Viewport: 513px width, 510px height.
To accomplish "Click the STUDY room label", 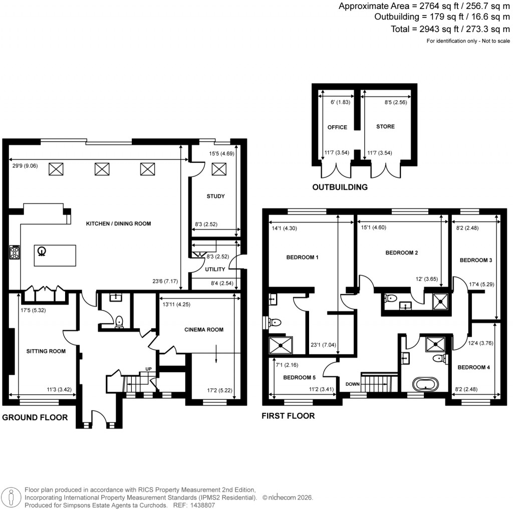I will tap(215, 196).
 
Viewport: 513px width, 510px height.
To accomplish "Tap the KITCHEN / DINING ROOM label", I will tap(111, 223).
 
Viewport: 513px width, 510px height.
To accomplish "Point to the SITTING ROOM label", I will tap(46, 351).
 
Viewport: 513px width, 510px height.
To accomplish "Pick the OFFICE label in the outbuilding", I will tap(337, 127).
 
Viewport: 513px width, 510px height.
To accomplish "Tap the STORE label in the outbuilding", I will tap(385, 127).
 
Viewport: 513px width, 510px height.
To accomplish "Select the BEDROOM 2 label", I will tap(401, 253).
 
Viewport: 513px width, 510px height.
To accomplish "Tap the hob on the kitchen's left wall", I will tap(14, 252).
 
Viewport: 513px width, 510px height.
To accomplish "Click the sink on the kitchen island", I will tap(43, 251).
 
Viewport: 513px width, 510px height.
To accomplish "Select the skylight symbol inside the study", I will tap(218, 170).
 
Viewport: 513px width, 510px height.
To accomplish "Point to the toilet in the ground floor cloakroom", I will tap(119, 321).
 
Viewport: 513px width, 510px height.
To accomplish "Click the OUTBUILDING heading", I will tap(340, 187).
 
